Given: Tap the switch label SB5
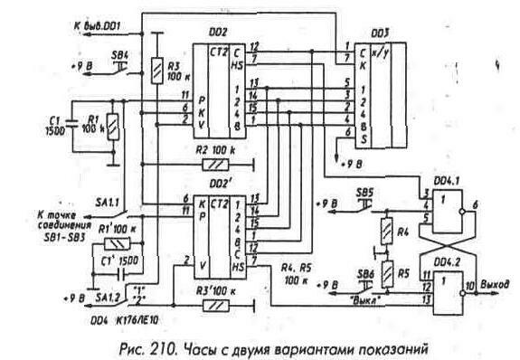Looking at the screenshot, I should click(x=364, y=192).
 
